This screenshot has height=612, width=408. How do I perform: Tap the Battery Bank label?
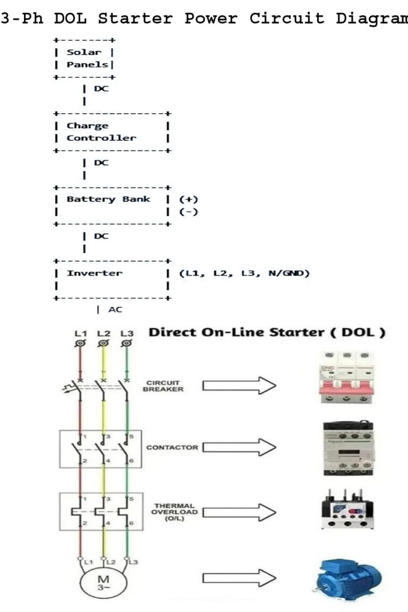[x=108, y=199]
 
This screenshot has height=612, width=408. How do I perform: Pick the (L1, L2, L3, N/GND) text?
[x=244, y=273]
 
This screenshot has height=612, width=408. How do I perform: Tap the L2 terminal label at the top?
[x=104, y=334]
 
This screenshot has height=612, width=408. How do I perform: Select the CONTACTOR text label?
[x=172, y=447]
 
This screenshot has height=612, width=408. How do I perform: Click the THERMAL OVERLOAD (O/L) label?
[x=175, y=512]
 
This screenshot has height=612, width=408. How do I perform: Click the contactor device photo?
[x=348, y=448]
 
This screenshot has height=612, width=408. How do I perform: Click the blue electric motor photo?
[x=347, y=579]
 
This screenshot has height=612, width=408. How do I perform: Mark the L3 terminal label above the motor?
[x=133, y=561]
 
